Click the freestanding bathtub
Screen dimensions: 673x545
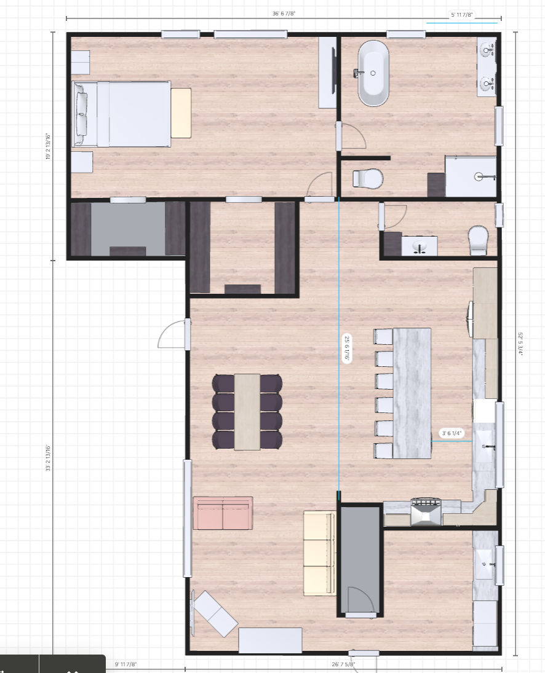click(374, 74)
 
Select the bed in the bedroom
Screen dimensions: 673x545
click(123, 114)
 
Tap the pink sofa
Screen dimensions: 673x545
click(223, 513)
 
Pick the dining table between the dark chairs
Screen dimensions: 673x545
click(247, 412)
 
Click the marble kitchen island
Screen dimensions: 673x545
click(412, 393)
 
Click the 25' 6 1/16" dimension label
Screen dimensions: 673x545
click(347, 348)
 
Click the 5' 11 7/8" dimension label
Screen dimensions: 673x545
click(462, 14)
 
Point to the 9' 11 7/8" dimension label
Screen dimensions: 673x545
click(125, 664)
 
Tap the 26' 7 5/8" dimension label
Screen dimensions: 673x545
click(343, 664)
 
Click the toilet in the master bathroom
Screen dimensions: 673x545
click(368, 178)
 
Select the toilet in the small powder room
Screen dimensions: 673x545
click(479, 240)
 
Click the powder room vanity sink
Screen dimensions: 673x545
click(420, 246)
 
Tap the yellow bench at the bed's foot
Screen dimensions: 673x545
click(181, 113)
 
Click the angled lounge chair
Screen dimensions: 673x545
click(214, 613)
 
